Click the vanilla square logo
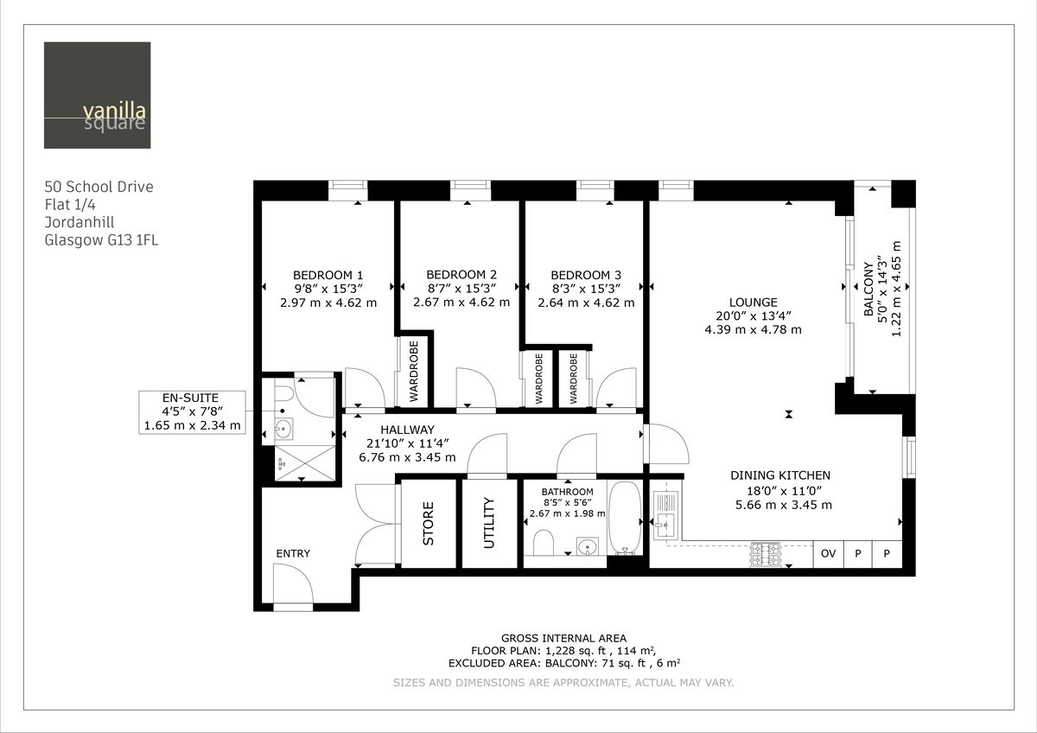[97, 95]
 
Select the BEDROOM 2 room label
[461, 276]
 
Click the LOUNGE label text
[753, 303]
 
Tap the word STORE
[429, 523]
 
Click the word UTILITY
[488, 522]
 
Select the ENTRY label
[293, 553]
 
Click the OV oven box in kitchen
[828, 553]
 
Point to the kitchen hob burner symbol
[767, 554]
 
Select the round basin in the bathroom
[588, 546]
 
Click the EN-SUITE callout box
[191, 411]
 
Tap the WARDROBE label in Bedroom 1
[413, 372]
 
